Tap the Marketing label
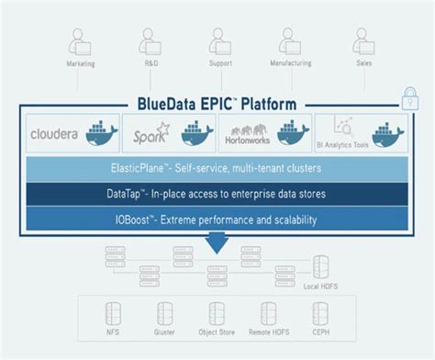coord(81,64)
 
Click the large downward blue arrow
coord(217,242)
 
